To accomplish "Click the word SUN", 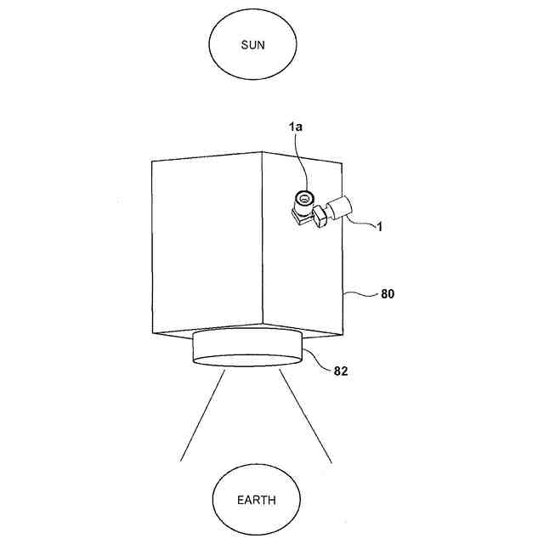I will coord(253,45).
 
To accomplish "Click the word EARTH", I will coord(256,501).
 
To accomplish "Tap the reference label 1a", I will coord(295,127).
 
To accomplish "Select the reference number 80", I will coord(388,295).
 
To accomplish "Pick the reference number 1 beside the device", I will coord(379,227).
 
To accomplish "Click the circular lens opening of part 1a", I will coord(303,199).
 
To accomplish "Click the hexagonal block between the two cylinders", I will coord(320,216).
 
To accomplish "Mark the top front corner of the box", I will coord(262,153).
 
